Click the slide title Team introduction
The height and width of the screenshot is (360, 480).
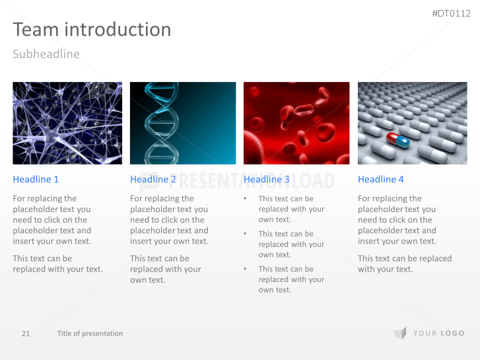pyautogui.click(x=92, y=30)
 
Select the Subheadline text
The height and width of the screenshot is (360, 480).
pyautogui.click(x=46, y=54)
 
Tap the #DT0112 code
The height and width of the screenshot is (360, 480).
pyautogui.click(x=451, y=13)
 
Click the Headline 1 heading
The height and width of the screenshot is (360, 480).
pyautogui.click(x=36, y=179)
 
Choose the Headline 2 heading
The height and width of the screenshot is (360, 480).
pyautogui.click(x=153, y=179)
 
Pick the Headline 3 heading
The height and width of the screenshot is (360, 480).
pyautogui.click(x=267, y=179)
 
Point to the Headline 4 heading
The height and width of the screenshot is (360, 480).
pyautogui.click(x=381, y=179)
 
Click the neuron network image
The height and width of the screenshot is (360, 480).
pyautogui.click(x=67, y=123)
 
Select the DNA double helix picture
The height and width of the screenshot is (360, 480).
pyautogui.click(x=183, y=123)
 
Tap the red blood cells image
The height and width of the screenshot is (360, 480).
pyautogui.click(x=295, y=123)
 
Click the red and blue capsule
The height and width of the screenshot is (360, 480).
pyautogui.click(x=398, y=139)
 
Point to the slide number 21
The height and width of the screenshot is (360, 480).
pyautogui.click(x=26, y=334)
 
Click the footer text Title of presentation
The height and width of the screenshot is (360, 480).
pyautogui.click(x=90, y=334)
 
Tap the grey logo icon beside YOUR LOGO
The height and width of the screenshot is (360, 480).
pyautogui.click(x=399, y=333)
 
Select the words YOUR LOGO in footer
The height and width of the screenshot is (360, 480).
pyautogui.click(x=439, y=334)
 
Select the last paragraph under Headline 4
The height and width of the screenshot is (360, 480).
pyautogui.click(x=405, y=264)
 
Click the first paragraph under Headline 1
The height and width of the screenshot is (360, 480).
pyautogui.click(x=52, y=220)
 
